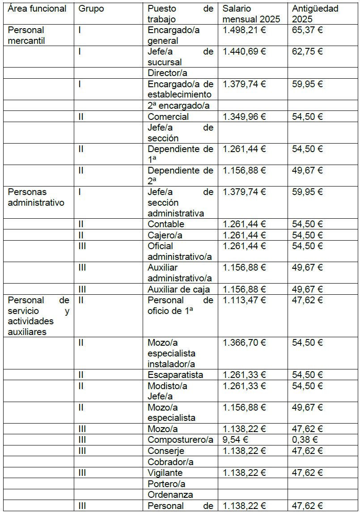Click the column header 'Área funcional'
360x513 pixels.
(38, 8)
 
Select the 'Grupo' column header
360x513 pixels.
(91, 8)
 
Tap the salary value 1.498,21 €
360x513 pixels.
(244, 30)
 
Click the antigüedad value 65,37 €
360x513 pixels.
(307, 30)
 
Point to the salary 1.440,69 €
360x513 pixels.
(244, 51)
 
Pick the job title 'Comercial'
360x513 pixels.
(168, 117)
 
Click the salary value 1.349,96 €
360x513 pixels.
(244, 117)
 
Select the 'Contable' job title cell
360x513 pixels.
(166, 224)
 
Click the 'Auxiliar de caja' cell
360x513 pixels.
(179, 289)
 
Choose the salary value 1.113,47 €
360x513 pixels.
(244, 300)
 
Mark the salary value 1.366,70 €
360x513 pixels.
(244, 343)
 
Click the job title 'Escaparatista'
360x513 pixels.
(175, 375)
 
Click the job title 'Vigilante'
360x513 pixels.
(165, 473)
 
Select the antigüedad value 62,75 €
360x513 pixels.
(307, 51)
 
